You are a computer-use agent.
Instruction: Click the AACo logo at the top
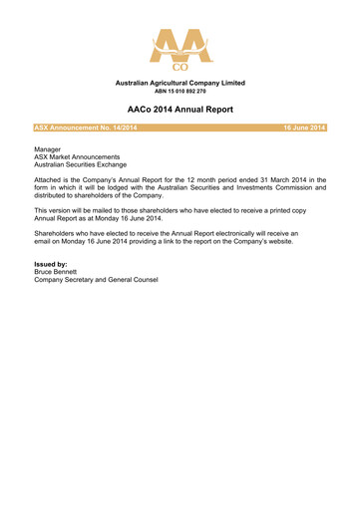180,46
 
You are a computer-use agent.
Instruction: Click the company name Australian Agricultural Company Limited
180,83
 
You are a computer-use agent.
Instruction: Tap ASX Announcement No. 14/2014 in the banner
86,127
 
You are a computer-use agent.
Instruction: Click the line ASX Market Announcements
77,157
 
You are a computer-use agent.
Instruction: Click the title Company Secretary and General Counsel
96,279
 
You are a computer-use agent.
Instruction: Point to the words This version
56,211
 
